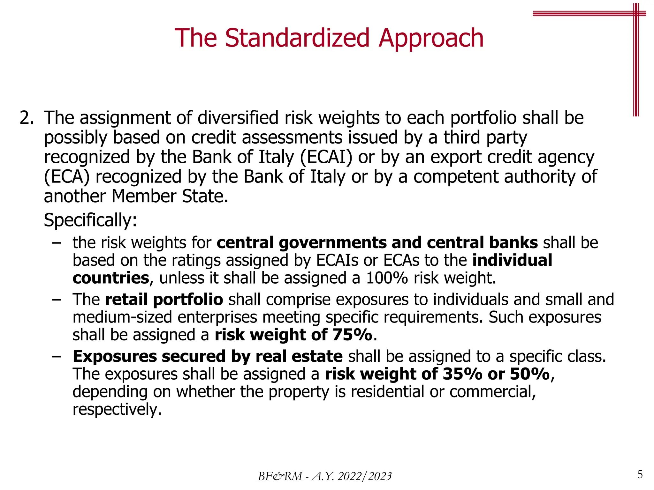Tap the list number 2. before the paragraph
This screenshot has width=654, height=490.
coord(27,118)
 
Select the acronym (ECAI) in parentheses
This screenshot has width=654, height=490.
coord(326,157)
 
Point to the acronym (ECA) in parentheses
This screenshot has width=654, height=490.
coord(67,177)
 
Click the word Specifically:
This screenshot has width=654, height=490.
coord(90,220)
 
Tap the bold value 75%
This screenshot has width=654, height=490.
coord(352,335)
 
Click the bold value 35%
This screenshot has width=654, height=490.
coord(462,374)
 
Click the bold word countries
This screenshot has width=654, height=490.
coord(111,278)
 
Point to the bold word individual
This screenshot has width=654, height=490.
coord(512,260)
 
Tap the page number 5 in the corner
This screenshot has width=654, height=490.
coord(640,474)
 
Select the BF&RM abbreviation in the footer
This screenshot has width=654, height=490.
coord(280,476)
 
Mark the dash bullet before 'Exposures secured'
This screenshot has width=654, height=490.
coord(56,357)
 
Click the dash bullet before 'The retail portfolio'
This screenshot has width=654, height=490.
coord(56,300)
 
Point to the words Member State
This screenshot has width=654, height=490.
coord(170,197)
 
